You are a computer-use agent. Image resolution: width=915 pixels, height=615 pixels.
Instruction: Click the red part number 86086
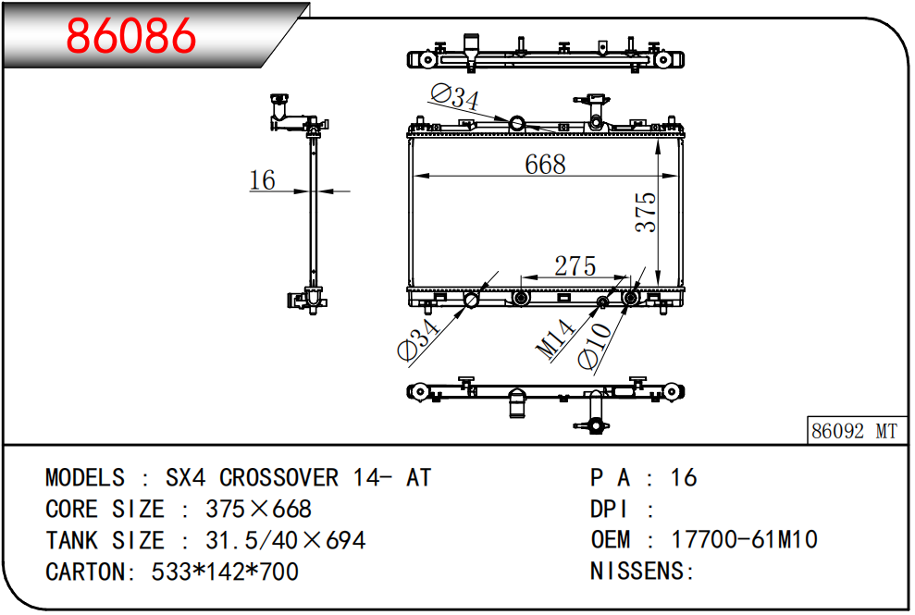[x=131, y=35]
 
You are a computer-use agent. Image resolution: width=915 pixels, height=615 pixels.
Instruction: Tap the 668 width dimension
[x=545, y=164]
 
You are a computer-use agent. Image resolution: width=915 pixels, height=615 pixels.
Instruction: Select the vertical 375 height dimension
[x=646, y=213]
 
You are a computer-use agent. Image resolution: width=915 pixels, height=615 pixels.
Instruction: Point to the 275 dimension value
[x=575, y=266]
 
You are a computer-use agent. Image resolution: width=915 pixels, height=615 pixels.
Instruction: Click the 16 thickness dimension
[x=262, y=179]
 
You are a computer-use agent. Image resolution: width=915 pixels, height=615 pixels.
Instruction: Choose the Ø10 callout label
[x=595, y=346]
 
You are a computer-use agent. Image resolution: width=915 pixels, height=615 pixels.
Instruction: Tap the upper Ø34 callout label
[x=455, y=97]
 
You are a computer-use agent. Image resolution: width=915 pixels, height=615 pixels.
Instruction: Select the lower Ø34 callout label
[x=418, y=340]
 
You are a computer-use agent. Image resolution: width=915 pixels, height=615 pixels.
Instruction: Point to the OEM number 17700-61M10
[x=745, y=540]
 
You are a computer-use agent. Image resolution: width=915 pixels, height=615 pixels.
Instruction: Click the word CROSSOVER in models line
[x=278, y=478]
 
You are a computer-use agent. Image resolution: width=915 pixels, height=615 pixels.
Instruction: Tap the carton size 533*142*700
[x=225, y=572]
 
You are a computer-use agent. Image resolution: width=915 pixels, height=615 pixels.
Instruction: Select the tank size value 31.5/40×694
[x=285, y=540]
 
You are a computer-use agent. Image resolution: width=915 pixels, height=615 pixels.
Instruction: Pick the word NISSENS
[x=637, y=572]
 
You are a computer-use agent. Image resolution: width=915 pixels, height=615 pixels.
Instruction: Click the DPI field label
[x=609, y=510]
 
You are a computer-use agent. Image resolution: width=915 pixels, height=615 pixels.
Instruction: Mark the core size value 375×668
[x=258, y=510]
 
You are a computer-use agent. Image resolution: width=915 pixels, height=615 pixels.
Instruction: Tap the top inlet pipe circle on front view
[x=517, y=124]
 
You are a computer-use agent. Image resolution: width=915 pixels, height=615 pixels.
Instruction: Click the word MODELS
[x=85, y=478]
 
